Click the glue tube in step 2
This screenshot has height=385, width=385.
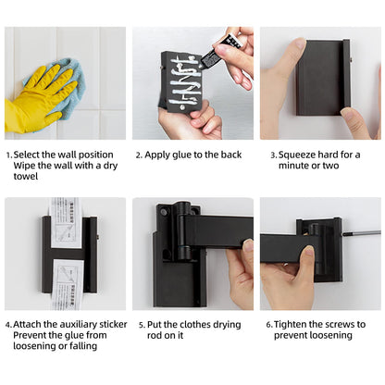click(x=220, y=51)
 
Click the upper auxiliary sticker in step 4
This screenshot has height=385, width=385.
click(x=67, y=223)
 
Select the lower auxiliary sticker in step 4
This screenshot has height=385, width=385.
click(x=68, y=284)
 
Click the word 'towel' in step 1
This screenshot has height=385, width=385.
click(x=26, y=177)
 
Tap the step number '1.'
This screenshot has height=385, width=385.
click(x=9, y=155)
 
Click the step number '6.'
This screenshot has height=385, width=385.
click(x=269, y=325)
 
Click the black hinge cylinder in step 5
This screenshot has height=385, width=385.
click(x=182, y=230)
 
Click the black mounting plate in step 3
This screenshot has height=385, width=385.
click(x=323, y=78)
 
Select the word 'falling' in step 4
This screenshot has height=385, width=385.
click(x=83, y=346)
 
